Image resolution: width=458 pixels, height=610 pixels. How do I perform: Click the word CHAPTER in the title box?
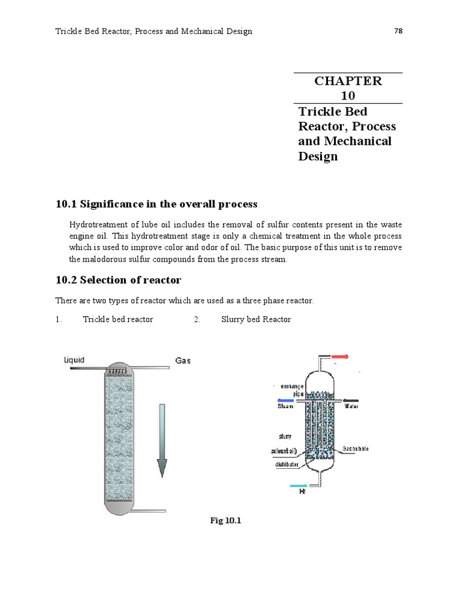[x=348, y=81]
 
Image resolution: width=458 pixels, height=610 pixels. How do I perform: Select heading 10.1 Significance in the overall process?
[x=156, y=204]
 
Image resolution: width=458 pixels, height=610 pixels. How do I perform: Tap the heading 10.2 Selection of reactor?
[x=118, y=280]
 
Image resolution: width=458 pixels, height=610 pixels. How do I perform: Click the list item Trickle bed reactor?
[x=117, y=319]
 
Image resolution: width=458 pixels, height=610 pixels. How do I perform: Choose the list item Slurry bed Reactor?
[x=256, y=319]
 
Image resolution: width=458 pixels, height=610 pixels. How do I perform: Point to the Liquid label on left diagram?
[x=74, y=360]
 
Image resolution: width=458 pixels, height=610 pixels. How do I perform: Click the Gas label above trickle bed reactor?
[x=182, y=361]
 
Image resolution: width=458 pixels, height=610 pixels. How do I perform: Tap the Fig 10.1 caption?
[x=225, y=521]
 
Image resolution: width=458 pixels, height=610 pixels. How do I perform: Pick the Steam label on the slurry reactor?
[x=286, y=407]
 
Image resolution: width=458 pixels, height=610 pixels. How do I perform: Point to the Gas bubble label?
[x=356, y=448]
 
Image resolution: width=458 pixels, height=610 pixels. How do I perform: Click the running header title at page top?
[x=154, y=31]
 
